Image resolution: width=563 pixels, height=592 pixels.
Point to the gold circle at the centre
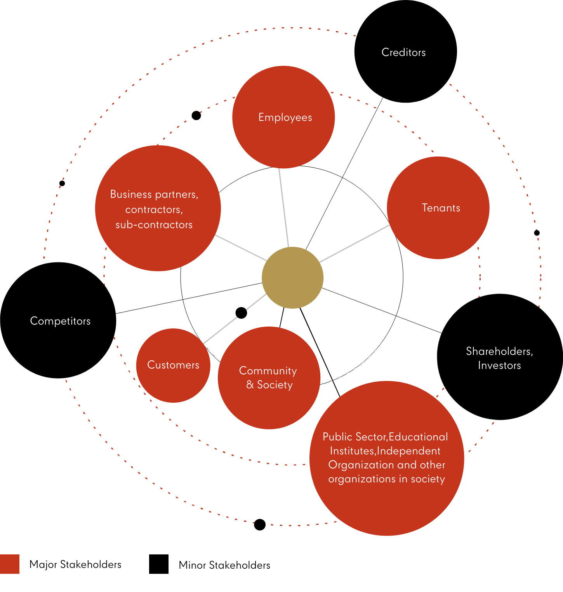point(292,278)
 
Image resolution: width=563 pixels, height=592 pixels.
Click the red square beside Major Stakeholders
point(10,564)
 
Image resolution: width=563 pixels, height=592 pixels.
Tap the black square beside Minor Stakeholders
point(158,564)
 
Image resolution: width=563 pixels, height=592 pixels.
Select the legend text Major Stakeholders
point(75,564)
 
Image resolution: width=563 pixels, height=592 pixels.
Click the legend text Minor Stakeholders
point(224,565)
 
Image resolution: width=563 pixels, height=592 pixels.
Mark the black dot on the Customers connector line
point(241,313)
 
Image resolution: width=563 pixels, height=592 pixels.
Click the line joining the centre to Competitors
point(186,299)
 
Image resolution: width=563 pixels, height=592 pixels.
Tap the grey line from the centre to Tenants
point(354,243)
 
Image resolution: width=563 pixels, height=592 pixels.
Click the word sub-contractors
point(154,225)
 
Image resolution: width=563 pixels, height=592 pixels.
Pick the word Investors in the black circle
point(499,365)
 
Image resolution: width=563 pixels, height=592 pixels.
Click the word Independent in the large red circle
point(409,451)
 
